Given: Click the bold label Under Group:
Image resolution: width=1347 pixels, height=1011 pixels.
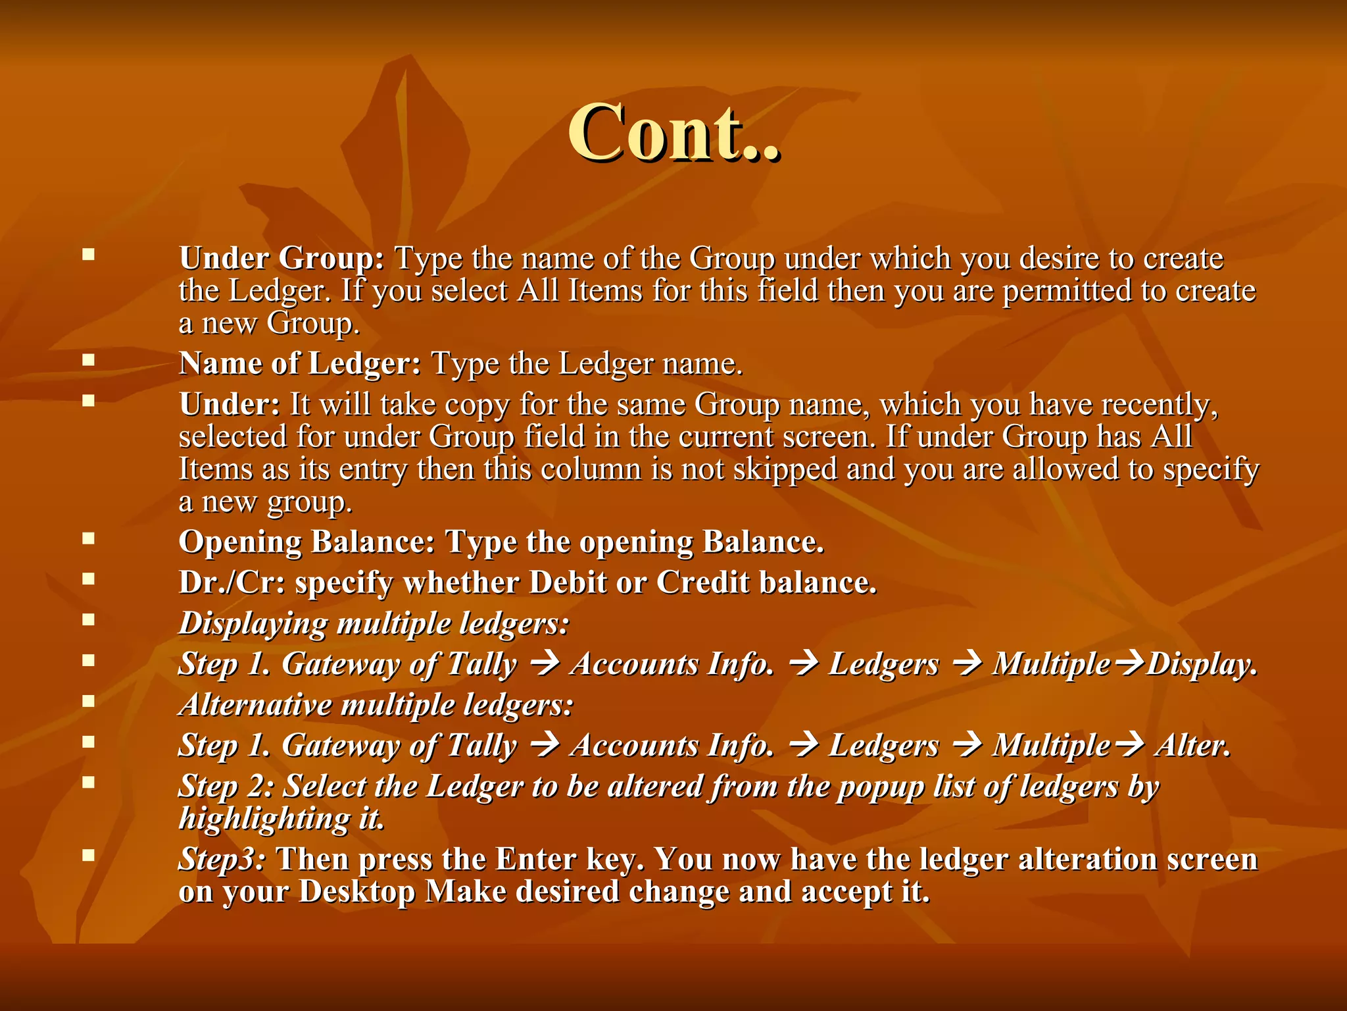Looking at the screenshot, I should tap(282, 258).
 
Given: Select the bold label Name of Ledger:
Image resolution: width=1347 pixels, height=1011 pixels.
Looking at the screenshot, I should tap(300, 363).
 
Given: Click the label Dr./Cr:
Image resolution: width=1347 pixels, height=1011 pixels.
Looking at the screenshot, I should tap(232, 583).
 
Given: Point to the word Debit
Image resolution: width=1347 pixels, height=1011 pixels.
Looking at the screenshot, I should tap(568, 583).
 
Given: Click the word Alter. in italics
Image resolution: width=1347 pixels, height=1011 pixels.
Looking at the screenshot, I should tap(1192, 746).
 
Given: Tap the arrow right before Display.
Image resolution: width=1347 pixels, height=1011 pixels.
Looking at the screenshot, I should tap(1129, 664).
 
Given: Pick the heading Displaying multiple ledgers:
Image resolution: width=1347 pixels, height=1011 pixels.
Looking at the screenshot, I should tap(374, 623).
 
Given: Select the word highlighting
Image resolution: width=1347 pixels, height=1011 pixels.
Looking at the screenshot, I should tap(264, 819).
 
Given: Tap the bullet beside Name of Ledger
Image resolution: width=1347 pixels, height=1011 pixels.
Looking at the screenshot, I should tap(89, 360).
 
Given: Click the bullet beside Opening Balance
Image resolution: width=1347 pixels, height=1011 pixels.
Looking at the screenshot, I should tap(89, 538).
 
